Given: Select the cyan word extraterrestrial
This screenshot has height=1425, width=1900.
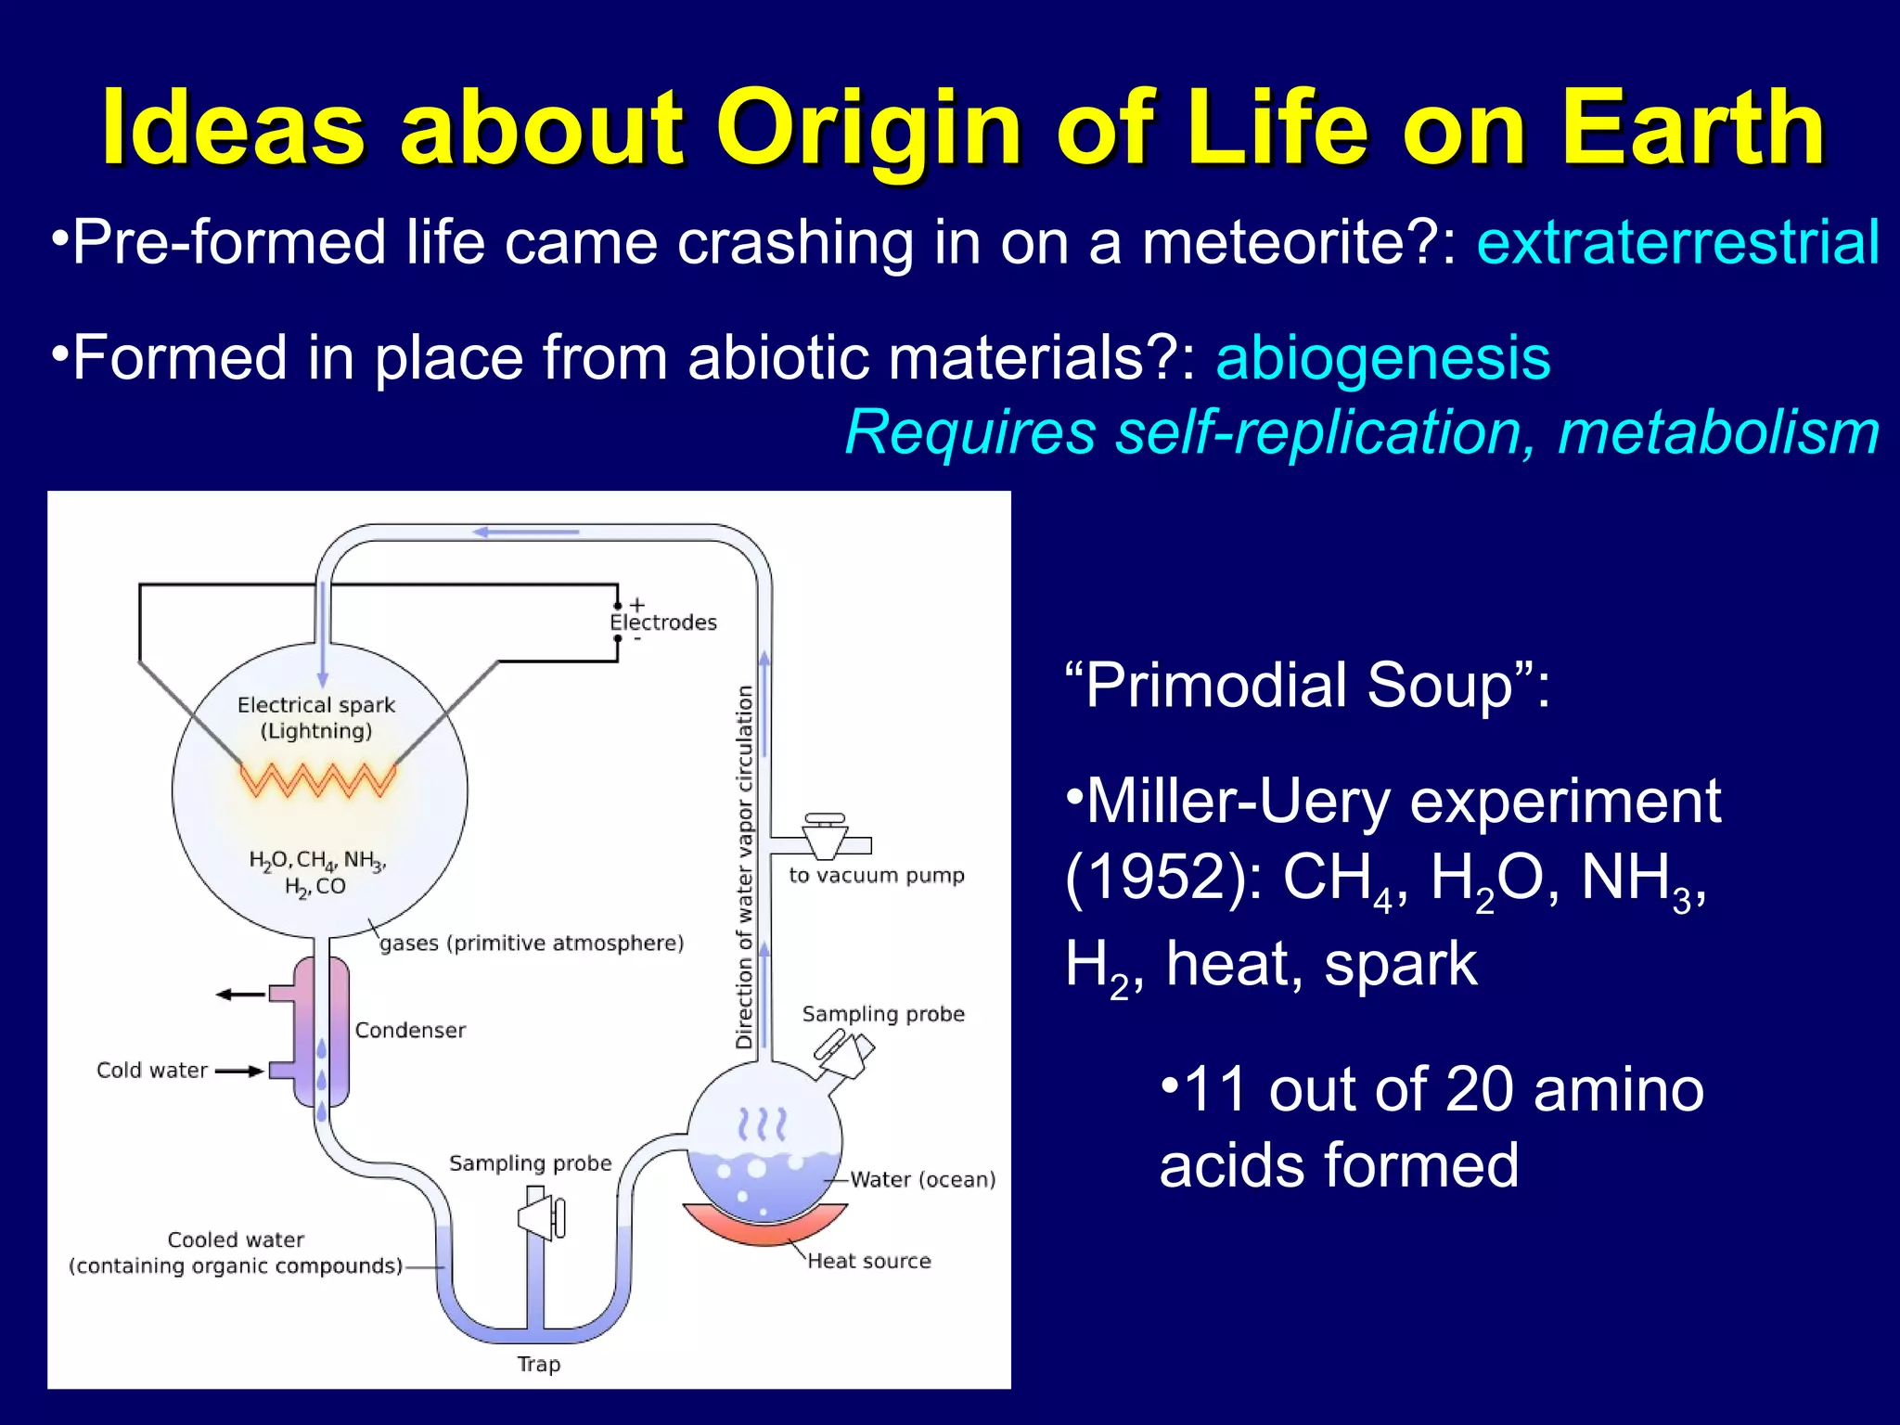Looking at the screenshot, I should [x=1677, y=243].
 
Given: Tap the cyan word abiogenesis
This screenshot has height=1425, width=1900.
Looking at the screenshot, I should [x=1382, y=358].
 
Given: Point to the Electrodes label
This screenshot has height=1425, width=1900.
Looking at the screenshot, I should [x=663, y=623].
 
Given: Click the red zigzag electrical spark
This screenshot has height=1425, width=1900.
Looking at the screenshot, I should [x=318, y=780].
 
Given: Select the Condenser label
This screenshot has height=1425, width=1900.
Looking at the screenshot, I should [x=410, y=1031].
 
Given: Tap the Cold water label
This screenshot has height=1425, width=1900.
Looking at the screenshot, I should [x=152, y=1071].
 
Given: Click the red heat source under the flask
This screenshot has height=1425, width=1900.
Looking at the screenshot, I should [x=764, y=1225].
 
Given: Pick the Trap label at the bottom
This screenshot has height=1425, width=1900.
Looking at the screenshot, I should [x=539, y=1365].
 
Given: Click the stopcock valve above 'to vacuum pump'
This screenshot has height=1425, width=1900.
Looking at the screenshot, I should [x=825, y=835].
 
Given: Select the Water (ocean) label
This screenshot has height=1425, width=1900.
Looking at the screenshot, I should [x=922, y=1180].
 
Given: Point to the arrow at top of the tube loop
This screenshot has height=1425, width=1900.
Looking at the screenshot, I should [x=525, y=533].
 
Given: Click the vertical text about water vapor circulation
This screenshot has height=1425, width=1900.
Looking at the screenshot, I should [x=745, y=867].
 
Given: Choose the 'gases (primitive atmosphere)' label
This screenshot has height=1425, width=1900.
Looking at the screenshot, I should [x=532, y=944].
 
